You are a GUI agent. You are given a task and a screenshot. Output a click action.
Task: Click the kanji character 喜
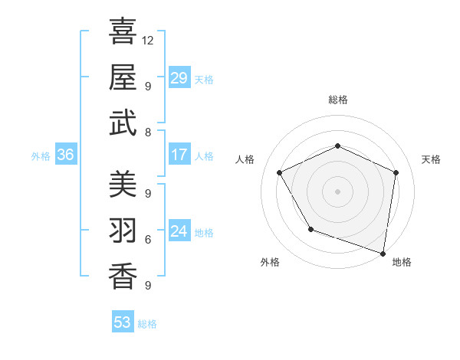123,32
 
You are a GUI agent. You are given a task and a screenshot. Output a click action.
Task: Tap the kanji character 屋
123,77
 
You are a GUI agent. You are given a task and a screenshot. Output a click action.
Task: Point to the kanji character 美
123,184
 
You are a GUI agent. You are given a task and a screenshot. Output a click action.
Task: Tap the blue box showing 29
179,77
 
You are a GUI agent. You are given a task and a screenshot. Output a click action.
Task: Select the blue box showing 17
179,155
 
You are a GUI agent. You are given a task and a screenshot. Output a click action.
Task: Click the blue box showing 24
179,231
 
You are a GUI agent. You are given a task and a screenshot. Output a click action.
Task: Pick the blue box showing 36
66,155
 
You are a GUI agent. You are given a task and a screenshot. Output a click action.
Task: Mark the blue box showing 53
123,322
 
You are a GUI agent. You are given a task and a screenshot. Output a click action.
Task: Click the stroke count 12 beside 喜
148,40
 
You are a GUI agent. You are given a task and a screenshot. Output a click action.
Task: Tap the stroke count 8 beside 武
147,132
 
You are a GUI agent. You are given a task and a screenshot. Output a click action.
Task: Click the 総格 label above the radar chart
338,100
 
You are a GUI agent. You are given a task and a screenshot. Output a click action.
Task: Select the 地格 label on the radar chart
402,262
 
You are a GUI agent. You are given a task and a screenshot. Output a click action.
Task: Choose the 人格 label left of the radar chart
245,159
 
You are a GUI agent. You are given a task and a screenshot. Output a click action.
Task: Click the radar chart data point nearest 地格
383,253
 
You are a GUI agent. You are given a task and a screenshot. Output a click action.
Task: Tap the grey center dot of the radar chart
337,191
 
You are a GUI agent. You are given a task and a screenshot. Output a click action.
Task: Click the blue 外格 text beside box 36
41,155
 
